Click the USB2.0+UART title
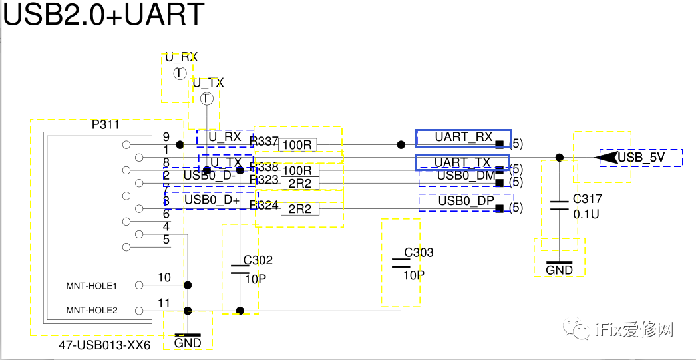click(x=103, y=15)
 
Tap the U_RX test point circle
click(x=180, y=74)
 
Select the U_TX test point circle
click(x=206, y=99)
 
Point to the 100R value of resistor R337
click(x=297, y=144)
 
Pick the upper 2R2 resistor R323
click(x=299, y=183)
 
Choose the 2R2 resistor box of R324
click(x=299, y=209)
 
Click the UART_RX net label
click(x=463, y=138)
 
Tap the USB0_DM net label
click(x=466, y=176)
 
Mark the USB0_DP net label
click(x=466, y=202)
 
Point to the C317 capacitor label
click(x=587, y=199)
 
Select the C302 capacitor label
click(x=258, y=260)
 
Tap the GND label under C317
click(x=559, y=270)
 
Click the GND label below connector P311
click(x=188, y=343)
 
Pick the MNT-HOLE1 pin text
click(x=92, y=286)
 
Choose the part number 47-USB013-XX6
click(x=104, y=346)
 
